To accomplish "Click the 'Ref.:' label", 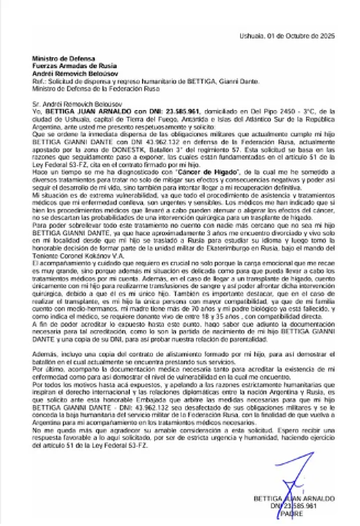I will [38, 81].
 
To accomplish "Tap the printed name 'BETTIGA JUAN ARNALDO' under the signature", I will [294, 499].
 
